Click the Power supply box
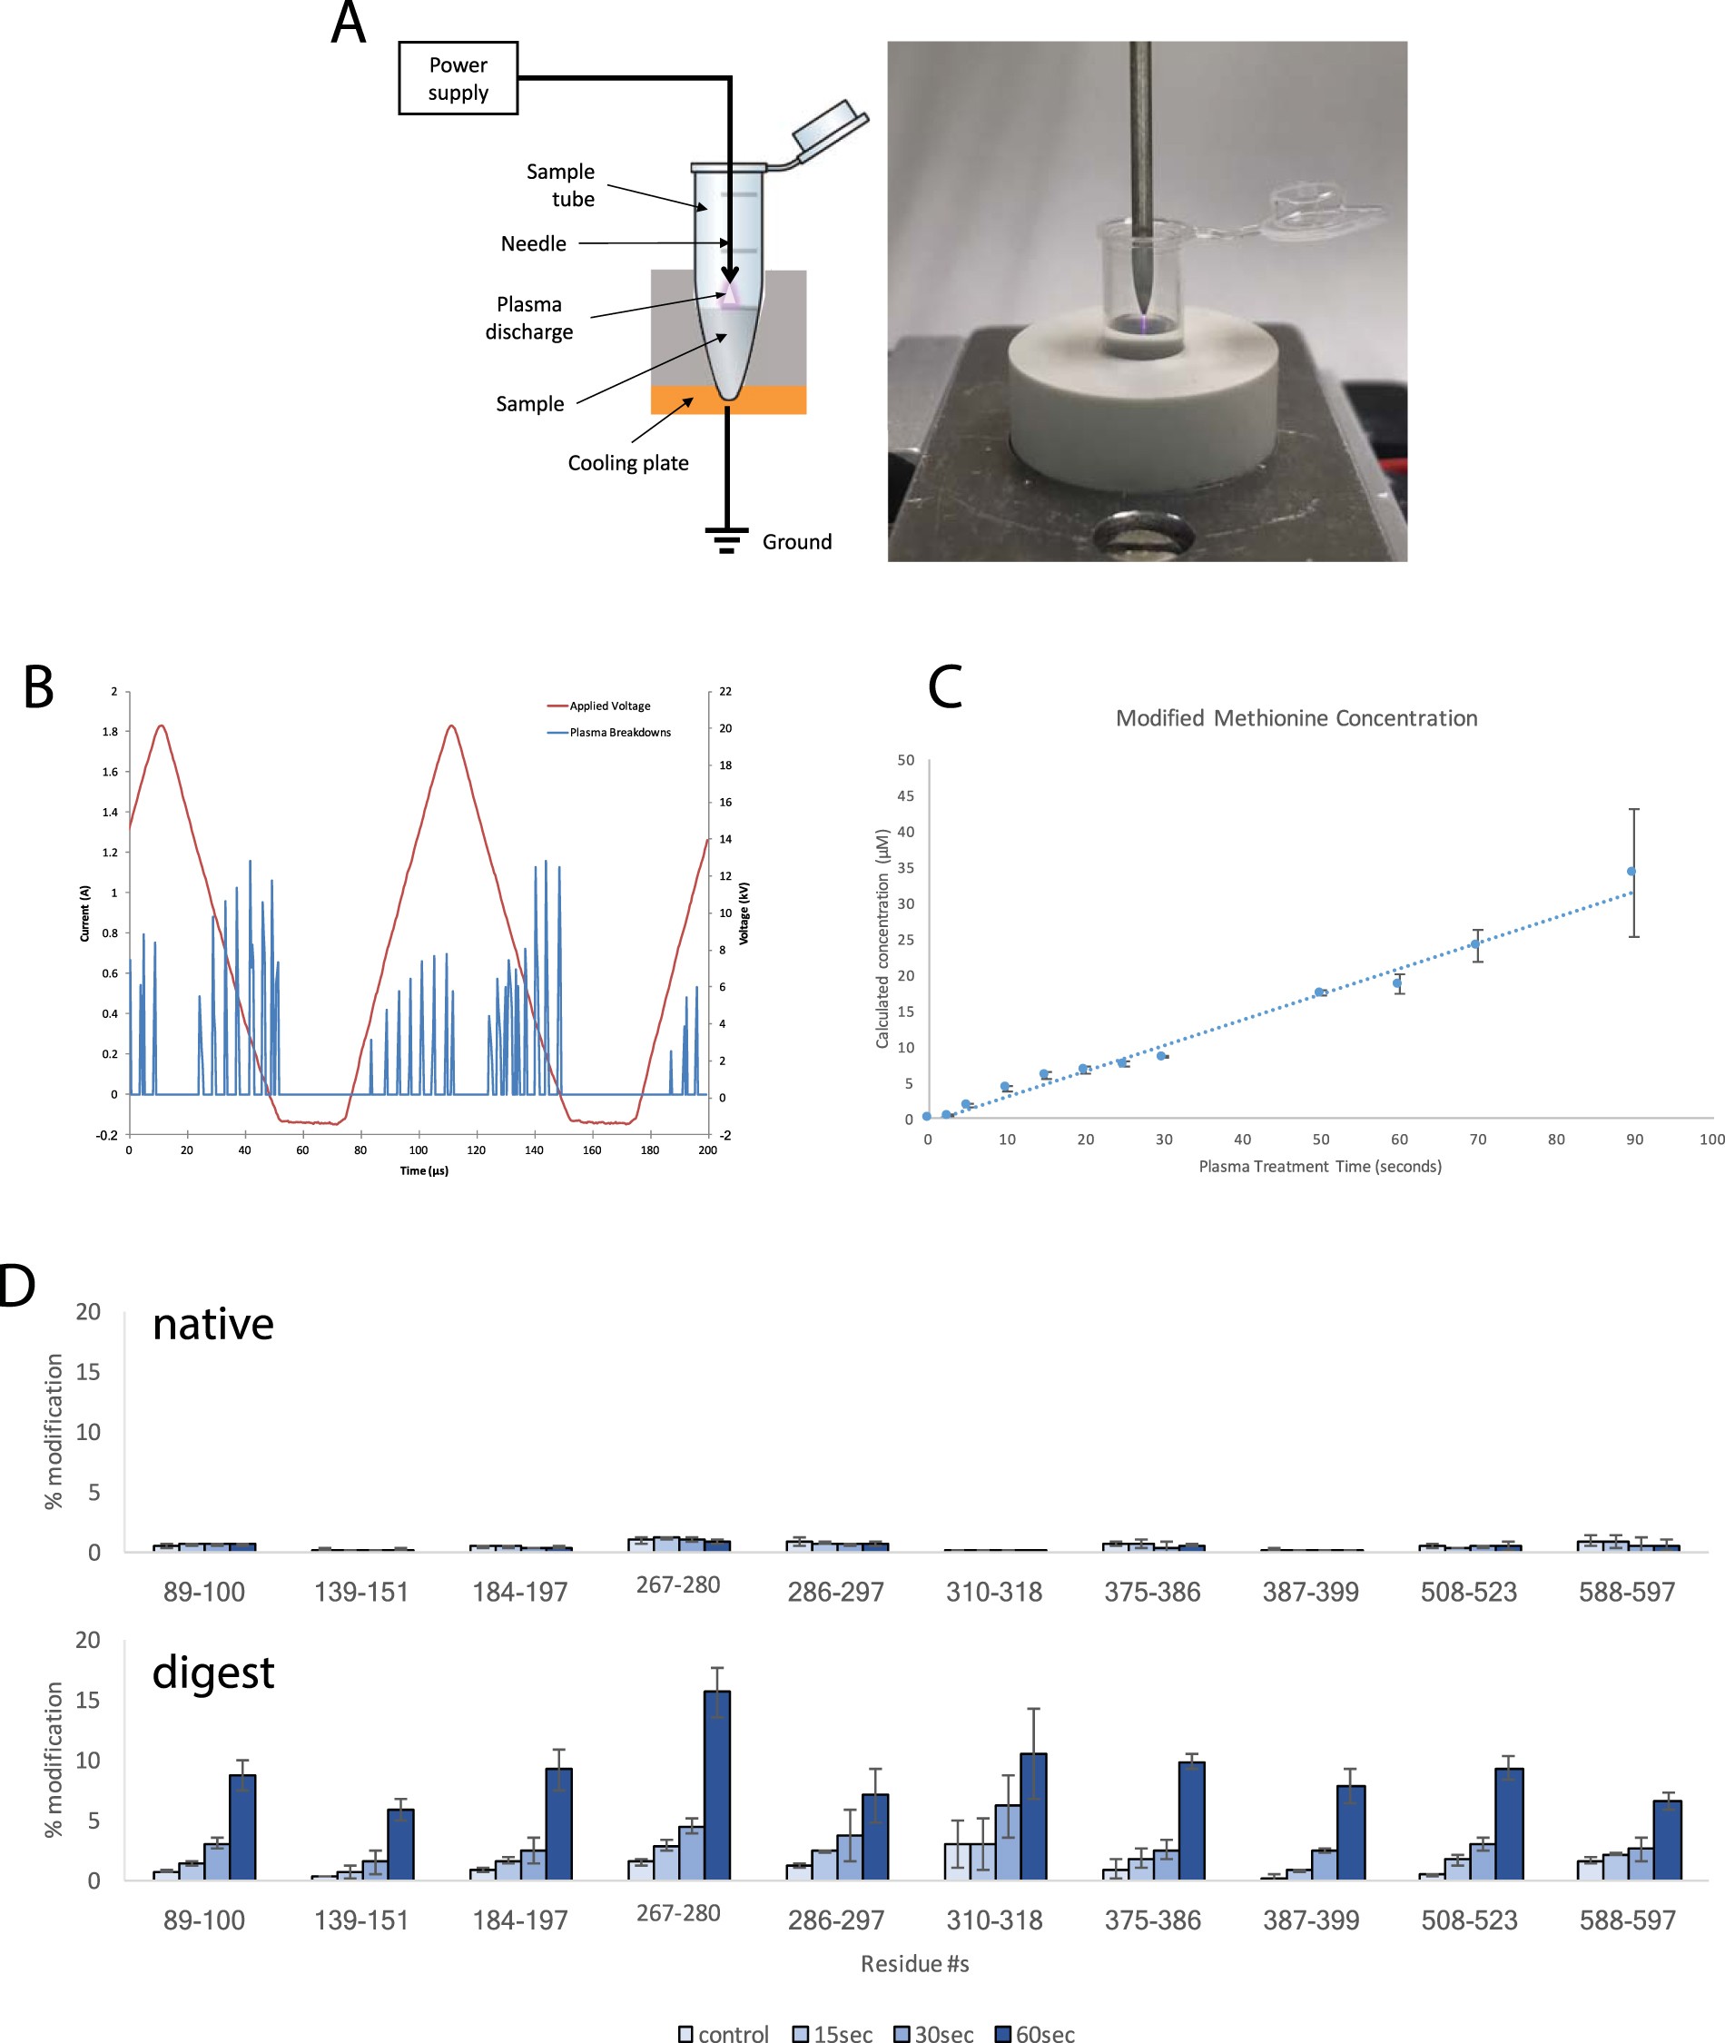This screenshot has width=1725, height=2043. (458, 78)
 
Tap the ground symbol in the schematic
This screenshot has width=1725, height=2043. (726, 538)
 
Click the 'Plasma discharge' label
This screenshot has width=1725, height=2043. (529, 318)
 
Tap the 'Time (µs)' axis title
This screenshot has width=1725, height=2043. (423, 1170)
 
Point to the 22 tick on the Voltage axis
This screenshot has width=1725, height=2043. (725, 691)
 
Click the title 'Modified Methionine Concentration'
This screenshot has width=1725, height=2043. (1296, 718)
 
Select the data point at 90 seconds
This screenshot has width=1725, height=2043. (1631, 872)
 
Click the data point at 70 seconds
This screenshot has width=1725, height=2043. (1475, 943)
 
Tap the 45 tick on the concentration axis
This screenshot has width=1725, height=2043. (905, 796)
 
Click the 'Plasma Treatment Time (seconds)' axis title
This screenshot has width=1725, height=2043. (1319, 1166)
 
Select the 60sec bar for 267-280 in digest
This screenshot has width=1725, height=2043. (717, 1785)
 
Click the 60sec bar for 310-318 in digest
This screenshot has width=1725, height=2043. (1033, 1816)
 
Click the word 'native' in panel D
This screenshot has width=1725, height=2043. (213, 1324)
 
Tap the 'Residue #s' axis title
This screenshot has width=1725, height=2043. (914, 1964)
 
